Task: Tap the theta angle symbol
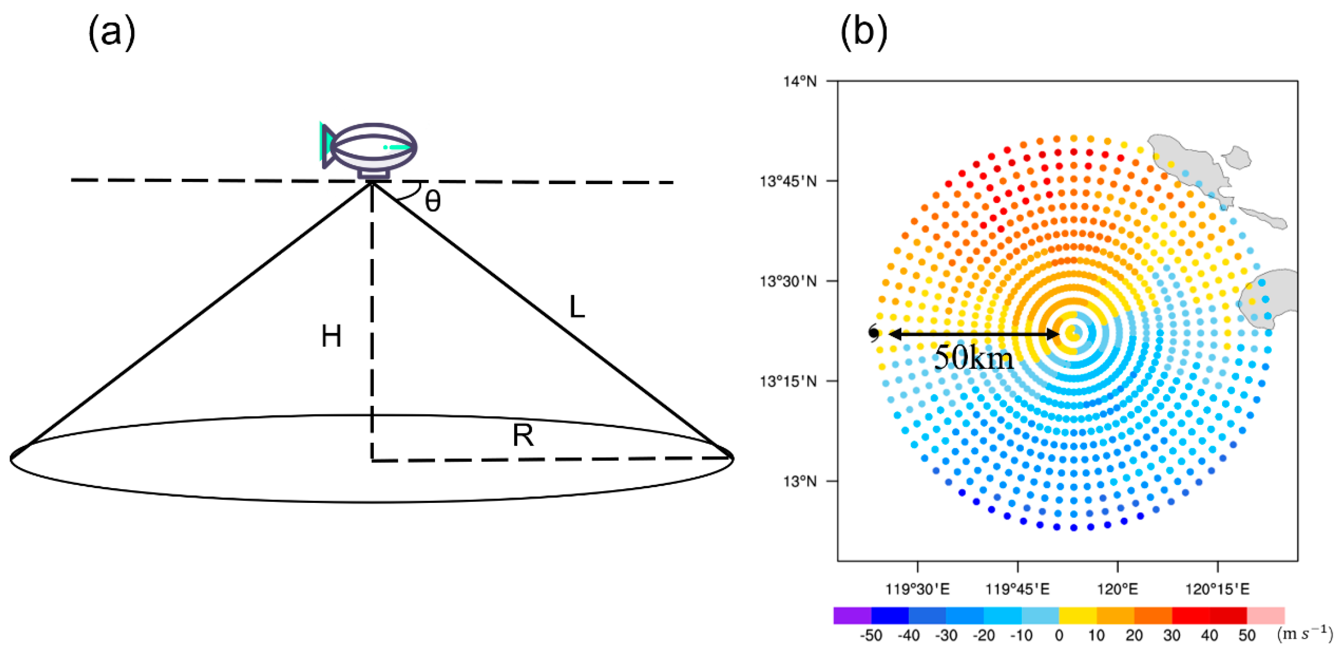[x=433, y=201]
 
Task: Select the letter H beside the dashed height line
[x=331, y=336]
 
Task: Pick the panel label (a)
[x=111, y=33]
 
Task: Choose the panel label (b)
[x=863, y=33]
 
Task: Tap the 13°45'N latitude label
[x=788, y=182]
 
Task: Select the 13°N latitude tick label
[x=800, y=481]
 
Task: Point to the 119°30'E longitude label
[x=917, y=589]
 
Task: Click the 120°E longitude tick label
[x=1117, y=589]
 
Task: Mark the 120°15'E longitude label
[x=1217, y=589]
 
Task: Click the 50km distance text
[x=974, y=358]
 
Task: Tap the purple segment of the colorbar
[x=852, y=615]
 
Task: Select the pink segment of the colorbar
[x=1265, y=615]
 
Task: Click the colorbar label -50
[x=871, y=635]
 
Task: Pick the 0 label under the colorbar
[x=1059, y=635]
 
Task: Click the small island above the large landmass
[x=1237, y=157]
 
